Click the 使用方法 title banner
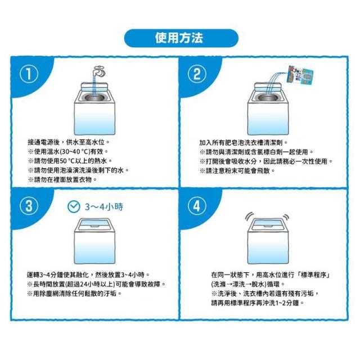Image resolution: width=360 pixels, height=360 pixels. [181, 38]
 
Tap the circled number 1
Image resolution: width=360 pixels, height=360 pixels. [29, 74]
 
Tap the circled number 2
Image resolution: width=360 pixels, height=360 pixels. [197, 74]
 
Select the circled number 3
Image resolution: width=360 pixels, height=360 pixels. [29, 206]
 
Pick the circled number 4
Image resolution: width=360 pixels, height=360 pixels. [197, 206]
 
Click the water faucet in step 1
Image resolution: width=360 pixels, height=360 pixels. [100, 71]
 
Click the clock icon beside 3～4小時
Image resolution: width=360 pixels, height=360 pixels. [74, 207]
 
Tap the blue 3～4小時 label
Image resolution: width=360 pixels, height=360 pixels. [104, 207]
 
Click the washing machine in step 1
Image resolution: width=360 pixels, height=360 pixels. [94, 109]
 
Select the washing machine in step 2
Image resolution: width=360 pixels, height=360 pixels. [268, 109]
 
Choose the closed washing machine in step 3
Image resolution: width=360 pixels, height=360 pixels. [94, 241]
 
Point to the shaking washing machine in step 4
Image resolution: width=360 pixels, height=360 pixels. [268, 241]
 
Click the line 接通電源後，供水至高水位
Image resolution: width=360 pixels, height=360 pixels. [69, 142]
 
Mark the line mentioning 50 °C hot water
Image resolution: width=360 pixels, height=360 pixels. [70, 161]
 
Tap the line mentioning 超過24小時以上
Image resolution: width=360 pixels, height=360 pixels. [96, 284]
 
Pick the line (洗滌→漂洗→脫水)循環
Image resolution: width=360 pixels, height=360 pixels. [248, 284]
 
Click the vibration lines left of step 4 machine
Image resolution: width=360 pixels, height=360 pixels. [249, 217]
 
